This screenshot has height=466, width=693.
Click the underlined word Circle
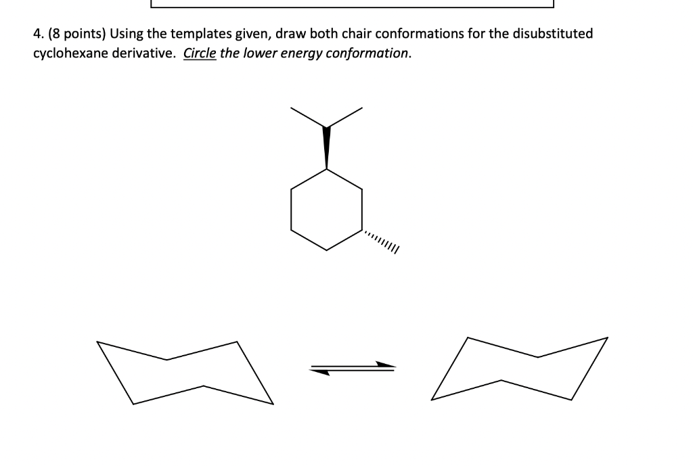pos(200,53)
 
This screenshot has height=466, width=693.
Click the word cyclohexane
pos(70,53)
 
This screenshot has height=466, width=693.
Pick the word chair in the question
pos(357,34)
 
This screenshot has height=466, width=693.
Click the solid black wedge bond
pos(327,147)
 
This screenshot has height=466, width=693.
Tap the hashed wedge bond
pos(380,241)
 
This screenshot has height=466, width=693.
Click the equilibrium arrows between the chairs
pos(353,368)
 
